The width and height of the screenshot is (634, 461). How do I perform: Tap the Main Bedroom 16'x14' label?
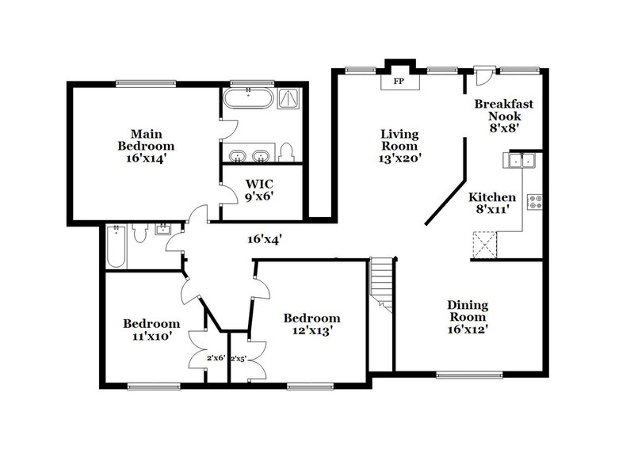[146, 145]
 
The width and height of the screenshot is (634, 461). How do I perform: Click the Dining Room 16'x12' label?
[467, 317]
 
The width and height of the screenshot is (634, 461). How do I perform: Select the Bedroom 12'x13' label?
[312, 324]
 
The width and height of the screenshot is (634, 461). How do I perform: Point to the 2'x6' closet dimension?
[216, 357]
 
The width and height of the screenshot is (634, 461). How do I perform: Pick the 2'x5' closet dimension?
[239, 357]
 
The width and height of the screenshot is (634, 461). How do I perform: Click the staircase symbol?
[382, 284]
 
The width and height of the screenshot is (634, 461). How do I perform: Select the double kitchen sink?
[521, 162]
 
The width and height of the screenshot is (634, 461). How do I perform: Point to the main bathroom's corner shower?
[289, 100]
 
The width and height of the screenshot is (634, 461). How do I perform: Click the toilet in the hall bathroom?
[139, 231]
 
